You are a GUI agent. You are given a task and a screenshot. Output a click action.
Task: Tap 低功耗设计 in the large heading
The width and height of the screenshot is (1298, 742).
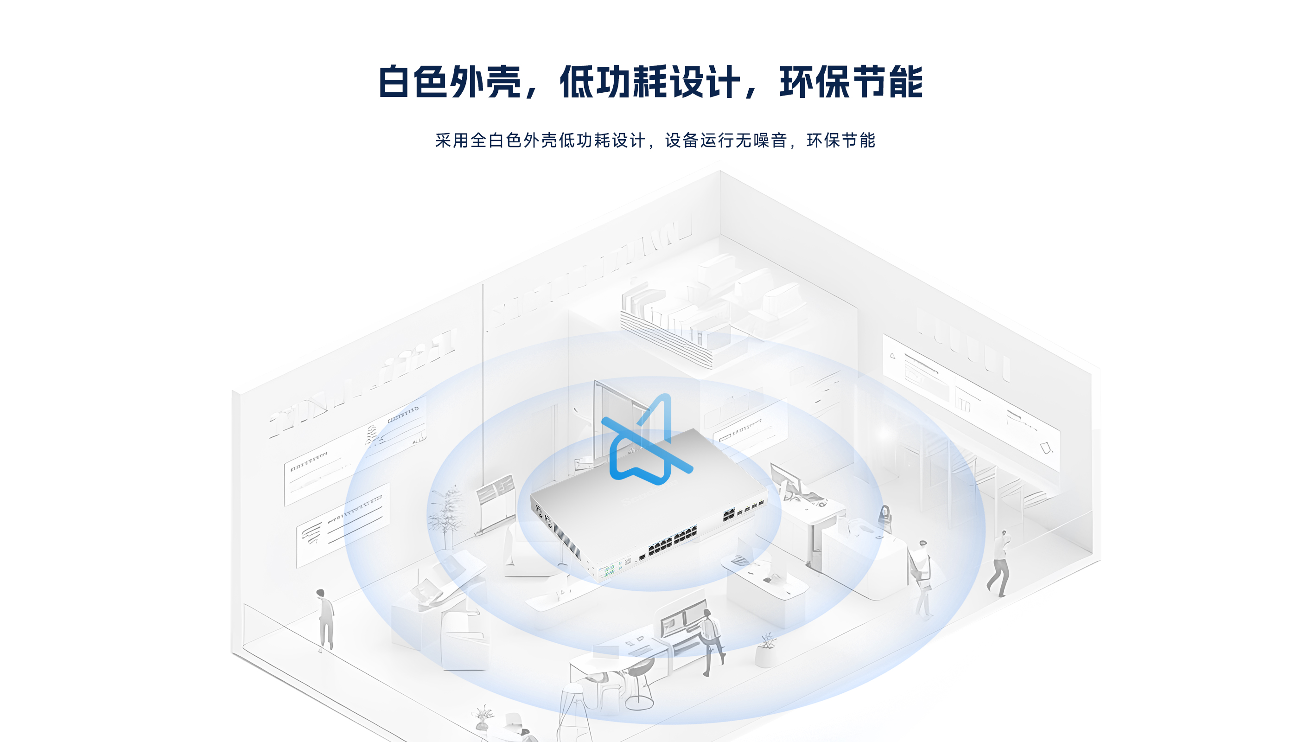(650, 82)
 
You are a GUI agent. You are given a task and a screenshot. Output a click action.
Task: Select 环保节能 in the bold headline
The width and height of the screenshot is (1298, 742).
(851, 82)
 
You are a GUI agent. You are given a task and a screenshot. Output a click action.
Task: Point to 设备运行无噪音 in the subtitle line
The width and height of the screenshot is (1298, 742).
(726, 140)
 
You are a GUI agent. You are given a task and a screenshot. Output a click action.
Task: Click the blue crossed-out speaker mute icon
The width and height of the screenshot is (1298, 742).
(647, 439)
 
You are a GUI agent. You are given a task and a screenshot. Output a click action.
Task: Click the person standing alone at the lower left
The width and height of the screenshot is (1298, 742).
(325, 620)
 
